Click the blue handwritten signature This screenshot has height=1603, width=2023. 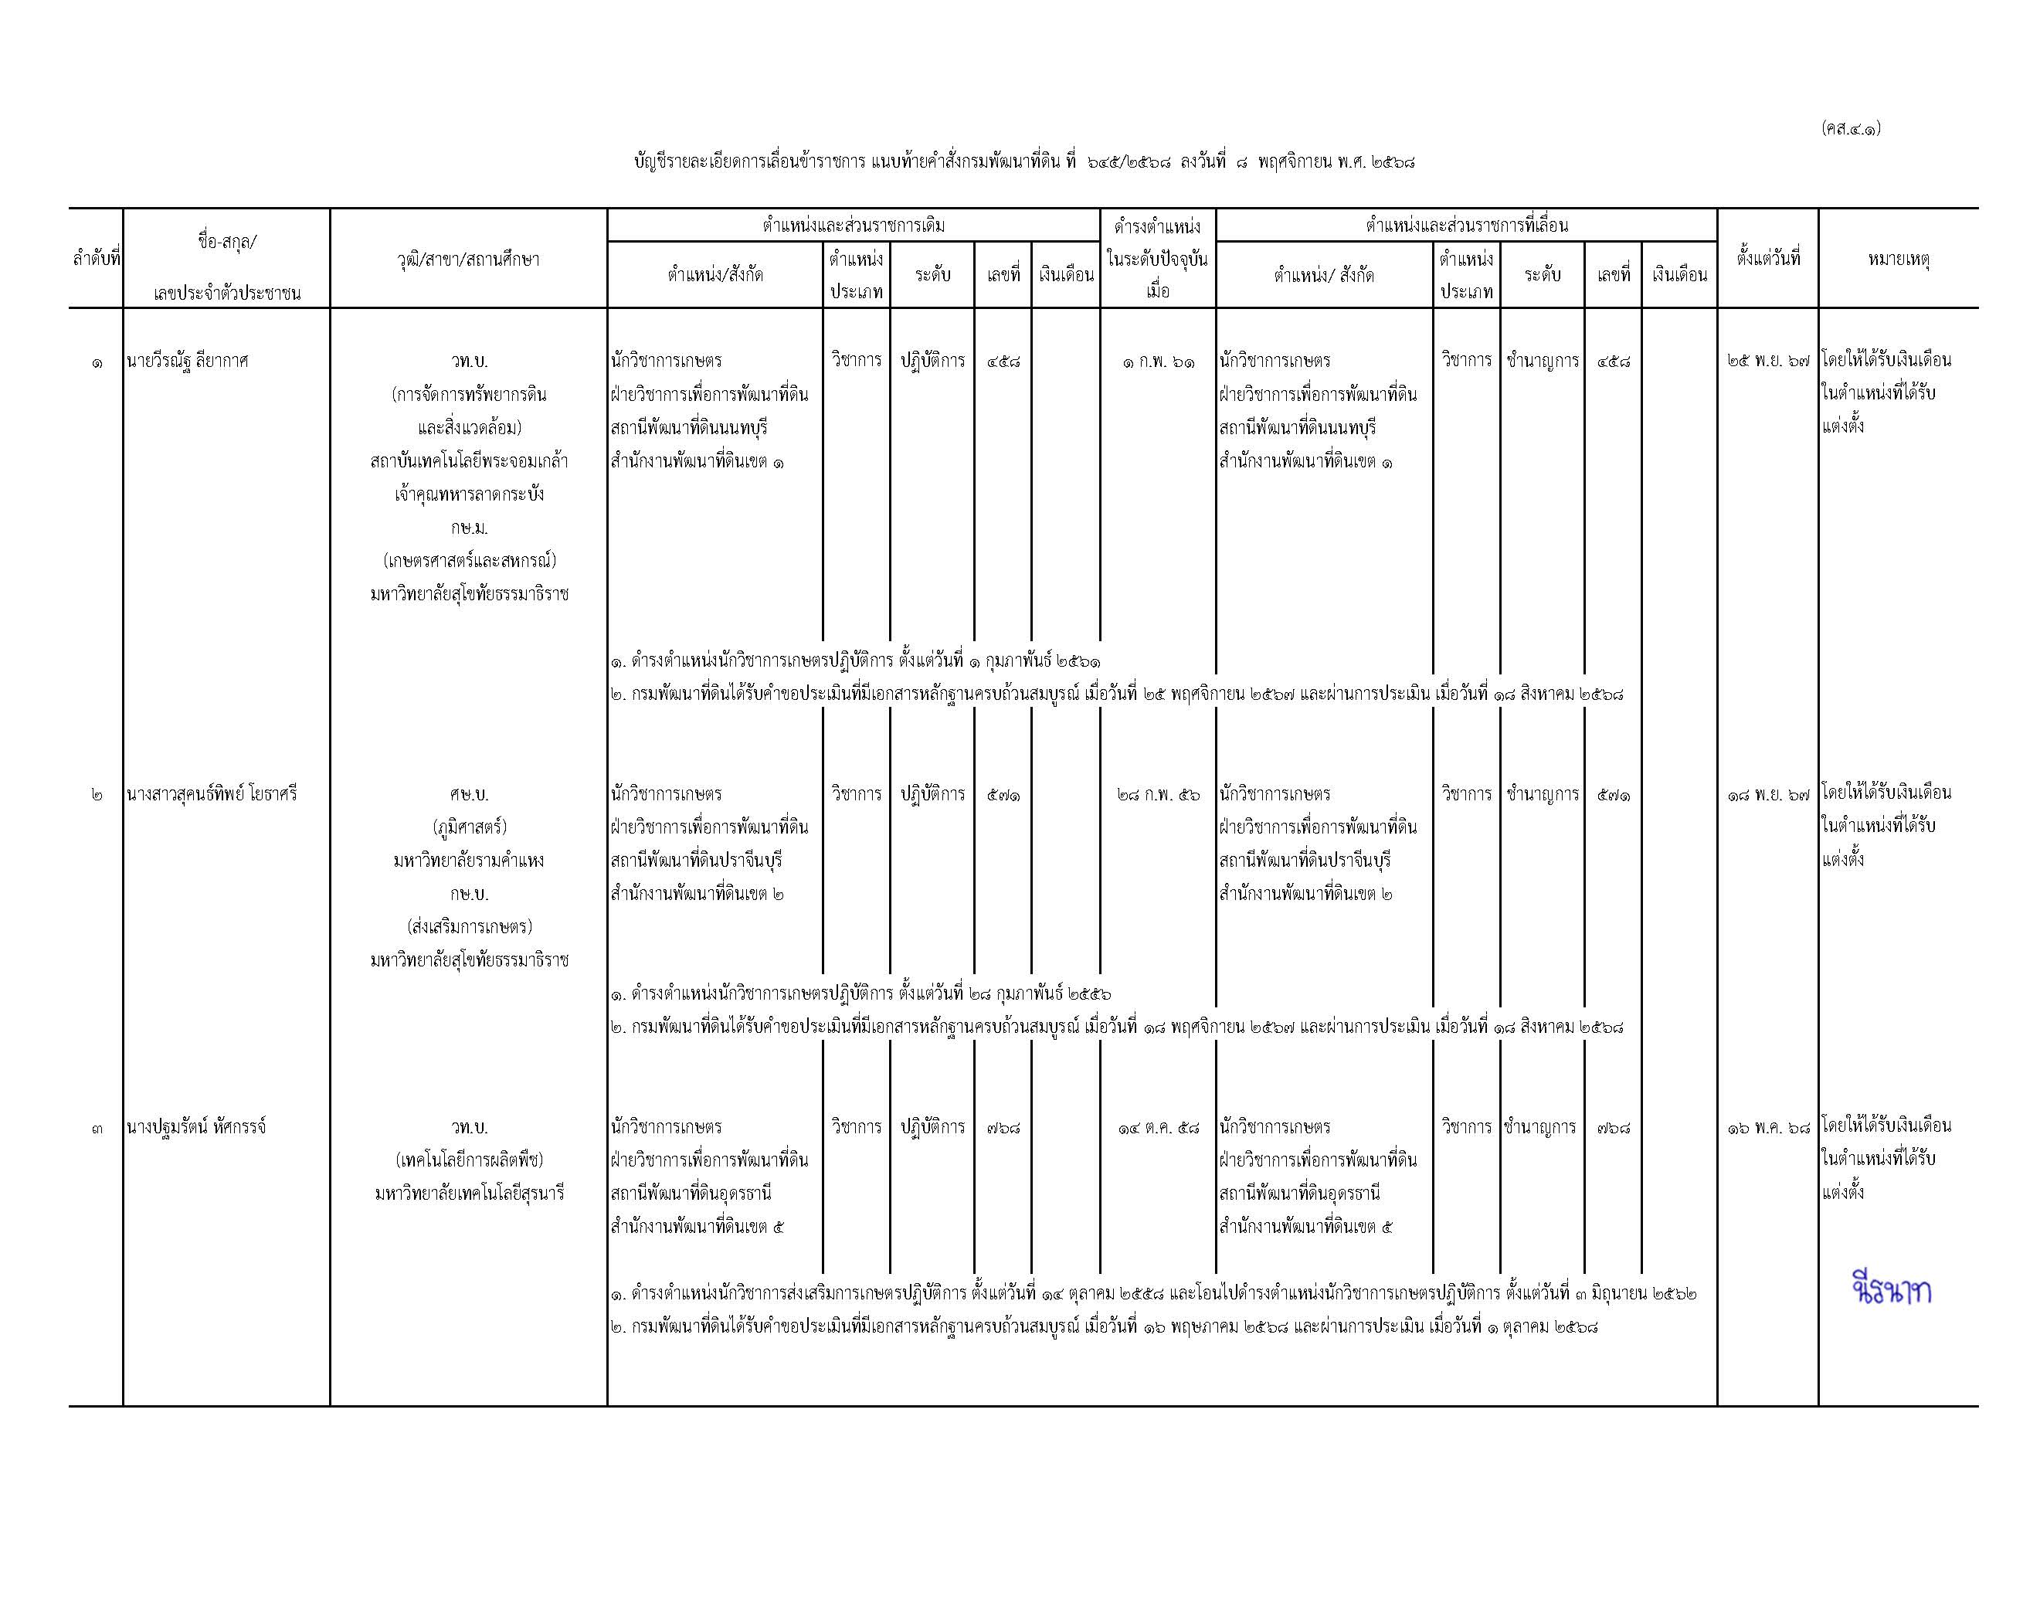point(1892,1292)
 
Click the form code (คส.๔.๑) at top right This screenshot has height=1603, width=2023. point(1850,127)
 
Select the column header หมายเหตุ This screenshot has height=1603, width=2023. point(1898,259)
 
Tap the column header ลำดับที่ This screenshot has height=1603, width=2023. point(97,259)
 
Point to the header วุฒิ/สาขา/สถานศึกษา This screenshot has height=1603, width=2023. point(468,259)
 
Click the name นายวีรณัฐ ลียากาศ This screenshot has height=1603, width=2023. point(188,362)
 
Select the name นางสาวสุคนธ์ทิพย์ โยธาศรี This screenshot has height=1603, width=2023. point(212,794)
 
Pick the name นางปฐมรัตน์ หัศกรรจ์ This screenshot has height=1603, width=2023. point(196,1126)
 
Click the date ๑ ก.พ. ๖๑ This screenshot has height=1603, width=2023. point(1158,362)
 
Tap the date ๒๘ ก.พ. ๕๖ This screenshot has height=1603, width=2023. point(1158,794)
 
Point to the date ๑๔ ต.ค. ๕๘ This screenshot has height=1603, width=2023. point(1158,1127)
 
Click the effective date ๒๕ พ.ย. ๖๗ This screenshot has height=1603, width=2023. point(1768,362)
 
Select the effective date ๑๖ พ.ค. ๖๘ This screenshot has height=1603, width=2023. point(1768,1127)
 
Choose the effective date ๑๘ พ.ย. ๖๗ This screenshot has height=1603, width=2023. point(1768,794)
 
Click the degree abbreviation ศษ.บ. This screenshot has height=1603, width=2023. point(469,794)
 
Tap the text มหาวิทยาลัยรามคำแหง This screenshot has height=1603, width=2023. point(469,861)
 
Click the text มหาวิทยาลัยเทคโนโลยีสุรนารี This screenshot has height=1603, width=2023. point(469,1194)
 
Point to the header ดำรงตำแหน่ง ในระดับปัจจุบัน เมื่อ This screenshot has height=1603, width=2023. point(1158,258)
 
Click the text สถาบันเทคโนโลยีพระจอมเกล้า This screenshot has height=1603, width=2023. point(469,461)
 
